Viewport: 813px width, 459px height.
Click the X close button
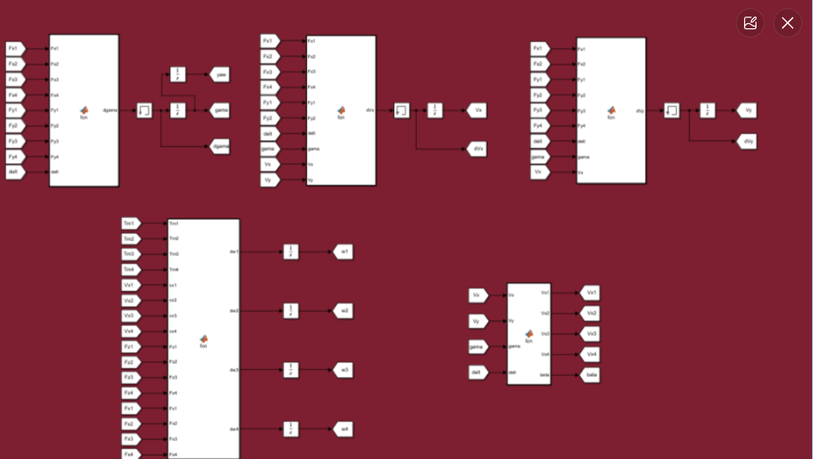tap(787, 22)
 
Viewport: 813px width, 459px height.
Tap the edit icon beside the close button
tap(751, 22)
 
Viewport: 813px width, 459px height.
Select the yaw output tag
tap(219, 74)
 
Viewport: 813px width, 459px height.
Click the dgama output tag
tap(220, 146)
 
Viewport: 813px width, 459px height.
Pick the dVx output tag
tap(476, 149)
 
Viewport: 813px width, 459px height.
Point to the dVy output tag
tap(747, 141)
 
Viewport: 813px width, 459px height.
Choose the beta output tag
tap(590, 375)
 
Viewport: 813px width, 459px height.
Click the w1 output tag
tap(343, 251)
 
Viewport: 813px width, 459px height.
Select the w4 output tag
tap(343, 429)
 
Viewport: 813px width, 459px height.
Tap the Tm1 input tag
tap(130, 223)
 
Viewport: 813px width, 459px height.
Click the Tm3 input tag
tap(130, 254)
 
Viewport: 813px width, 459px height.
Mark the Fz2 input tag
tap(130, 362)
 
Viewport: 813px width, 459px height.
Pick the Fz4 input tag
tap(130, 392)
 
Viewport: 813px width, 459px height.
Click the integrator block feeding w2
tap(291, 310)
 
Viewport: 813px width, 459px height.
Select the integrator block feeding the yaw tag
tap(178, 74)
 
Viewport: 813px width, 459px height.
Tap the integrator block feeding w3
tap(291, 369)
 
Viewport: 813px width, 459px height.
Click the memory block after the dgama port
tap(144, 110)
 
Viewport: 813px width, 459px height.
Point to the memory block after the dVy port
tap(672, 110)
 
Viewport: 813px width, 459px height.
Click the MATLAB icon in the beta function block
tap(529, 333)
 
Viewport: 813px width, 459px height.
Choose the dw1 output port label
tap(233, 251)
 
